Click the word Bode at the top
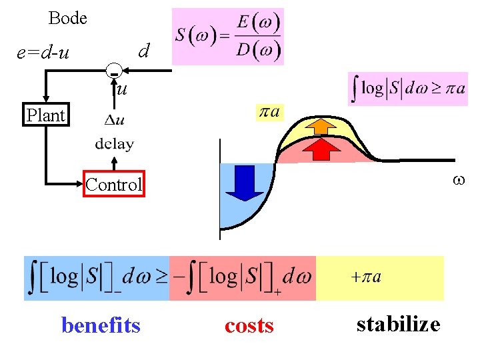pos(68,19)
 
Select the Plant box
pos(45,115)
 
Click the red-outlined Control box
pos(113,185)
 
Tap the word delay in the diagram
pos(114,143)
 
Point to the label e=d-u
pos(43,51)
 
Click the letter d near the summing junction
pos(143,50)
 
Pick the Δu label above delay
pos(114,121)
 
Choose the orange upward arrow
pos(324,126)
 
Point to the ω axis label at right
pos(457,179)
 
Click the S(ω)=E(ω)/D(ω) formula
pos(227,37)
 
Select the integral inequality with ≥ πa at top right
pos(407,89)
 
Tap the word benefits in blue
pos(101,325)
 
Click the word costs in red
pos(249,325)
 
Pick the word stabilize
pos(398,324)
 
